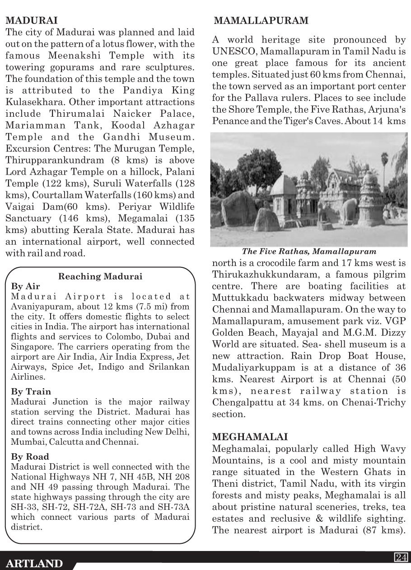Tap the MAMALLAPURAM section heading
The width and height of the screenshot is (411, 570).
point(261,20)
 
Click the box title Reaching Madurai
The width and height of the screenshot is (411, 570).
point(101,276)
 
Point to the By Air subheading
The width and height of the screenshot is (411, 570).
point(25,286)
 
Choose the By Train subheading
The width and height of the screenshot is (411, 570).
point(31,391)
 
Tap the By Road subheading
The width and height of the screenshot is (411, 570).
point(30,456)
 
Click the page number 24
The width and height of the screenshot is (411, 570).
point(401,557)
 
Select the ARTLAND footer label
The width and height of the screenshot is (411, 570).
point(34,563)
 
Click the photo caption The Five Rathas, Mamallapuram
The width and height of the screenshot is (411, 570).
point(309,251)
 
